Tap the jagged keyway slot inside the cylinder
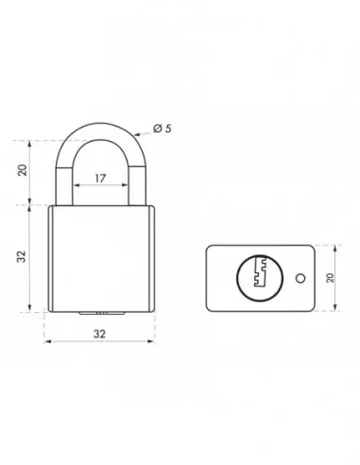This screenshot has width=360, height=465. (261, 276)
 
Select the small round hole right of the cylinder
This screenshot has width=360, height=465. (299, 279)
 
